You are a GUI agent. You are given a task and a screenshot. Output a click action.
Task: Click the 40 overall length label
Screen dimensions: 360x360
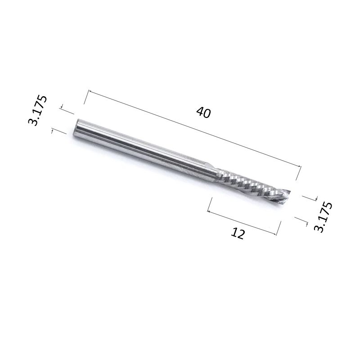tap(203, 112)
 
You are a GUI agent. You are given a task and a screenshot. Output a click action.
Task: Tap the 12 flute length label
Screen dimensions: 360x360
tap(238, 234)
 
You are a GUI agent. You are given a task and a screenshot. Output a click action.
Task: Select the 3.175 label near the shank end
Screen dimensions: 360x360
tap(37, 110)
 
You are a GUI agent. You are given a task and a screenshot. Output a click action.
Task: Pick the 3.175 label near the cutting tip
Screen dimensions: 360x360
tap(323, 217)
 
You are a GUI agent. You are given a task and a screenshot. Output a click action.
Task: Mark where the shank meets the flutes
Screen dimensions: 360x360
tap(217, 175)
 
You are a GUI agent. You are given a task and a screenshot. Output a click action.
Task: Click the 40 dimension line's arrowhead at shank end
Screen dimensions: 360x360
tap(89, 91)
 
